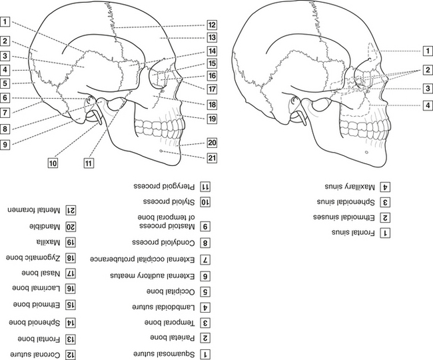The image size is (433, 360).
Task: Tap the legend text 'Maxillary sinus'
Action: pyautogui.click(x=340, y=186)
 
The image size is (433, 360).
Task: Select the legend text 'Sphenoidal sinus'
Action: pyautogui.click(x=342, y=201)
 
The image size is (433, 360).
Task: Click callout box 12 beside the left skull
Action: pyautogui.click(x=211, y=25)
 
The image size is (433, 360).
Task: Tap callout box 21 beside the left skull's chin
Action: pyautogui.click(x=211, y=158)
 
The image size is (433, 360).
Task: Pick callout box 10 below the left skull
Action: pyautogui.click(x=53, y=161)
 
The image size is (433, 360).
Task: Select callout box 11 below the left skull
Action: pyautogui.click(x=87, y=161)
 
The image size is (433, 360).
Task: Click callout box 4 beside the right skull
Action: pyautogui.click(x=426, y=105)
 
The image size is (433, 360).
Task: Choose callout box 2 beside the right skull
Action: pyautogui.click(x=426, y=69)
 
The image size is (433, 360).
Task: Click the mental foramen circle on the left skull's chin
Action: pyautogui.click(x=163, y=153)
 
